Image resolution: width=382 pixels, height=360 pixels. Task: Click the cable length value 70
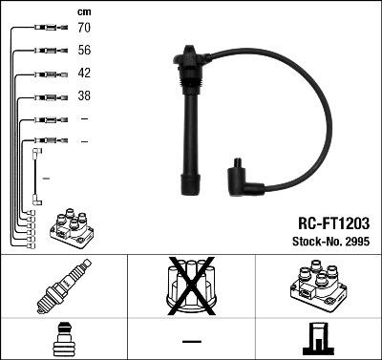tap(83, 29)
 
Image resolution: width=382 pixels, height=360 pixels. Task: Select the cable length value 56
tap(83, 52)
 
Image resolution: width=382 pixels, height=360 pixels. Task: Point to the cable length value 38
tap(83, 96)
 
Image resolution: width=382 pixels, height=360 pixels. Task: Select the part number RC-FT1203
tap(330, 222)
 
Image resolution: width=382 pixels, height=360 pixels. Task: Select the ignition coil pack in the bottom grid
tap(317, 287)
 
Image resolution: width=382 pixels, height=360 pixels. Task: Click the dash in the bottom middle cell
tap(191, 340)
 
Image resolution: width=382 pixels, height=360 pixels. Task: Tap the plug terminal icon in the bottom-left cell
tap(63, 339)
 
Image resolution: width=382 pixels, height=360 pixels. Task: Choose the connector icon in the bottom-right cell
tap(317, 339)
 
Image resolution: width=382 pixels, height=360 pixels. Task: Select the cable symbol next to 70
tap(43, 29)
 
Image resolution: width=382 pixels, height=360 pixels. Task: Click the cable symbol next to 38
tap(43, 96)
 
